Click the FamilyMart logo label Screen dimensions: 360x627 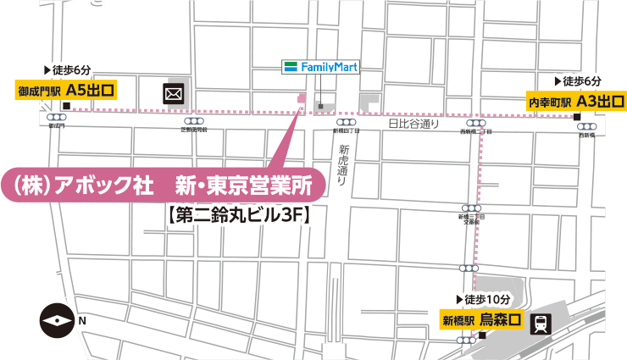320,66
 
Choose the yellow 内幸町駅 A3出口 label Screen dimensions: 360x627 576,102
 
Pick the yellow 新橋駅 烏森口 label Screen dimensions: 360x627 482,320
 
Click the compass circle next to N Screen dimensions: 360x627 57,321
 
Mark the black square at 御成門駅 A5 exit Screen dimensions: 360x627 65,106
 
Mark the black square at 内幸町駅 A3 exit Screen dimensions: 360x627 576,117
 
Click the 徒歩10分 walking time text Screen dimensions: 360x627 484,300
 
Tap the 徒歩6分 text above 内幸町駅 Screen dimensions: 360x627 578,81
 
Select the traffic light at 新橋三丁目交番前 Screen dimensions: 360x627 472,208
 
